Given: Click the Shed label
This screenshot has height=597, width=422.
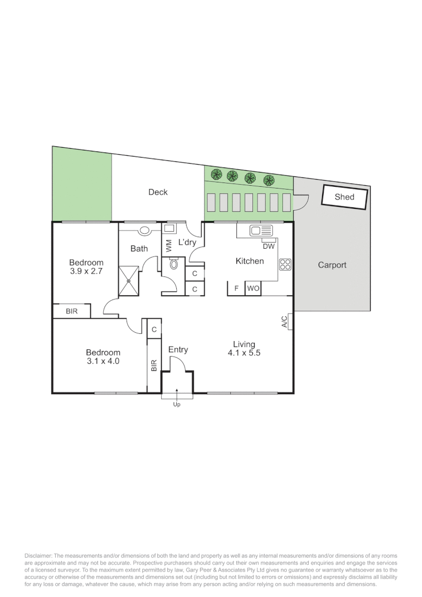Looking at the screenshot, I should pos(344,197).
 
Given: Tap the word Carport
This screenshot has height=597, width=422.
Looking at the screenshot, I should pos(332,265).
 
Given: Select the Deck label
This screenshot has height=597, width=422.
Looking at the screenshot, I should pos(157,192).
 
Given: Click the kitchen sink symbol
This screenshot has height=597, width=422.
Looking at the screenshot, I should pos(261,231).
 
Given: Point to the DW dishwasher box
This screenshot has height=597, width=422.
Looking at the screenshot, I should pos(268,246).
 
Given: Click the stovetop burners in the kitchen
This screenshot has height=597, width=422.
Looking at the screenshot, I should pos(285,264).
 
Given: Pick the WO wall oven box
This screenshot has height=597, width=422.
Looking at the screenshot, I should pos(253,289).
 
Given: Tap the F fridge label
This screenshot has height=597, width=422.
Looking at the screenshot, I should pos(236,289).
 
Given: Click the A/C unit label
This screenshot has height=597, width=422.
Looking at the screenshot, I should pos(284,321).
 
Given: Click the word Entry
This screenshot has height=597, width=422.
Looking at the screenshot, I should pos(178,349).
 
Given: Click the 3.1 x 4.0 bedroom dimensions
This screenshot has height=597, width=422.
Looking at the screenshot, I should pos(103,362).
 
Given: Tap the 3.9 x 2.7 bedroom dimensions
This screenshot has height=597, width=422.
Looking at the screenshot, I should pos(86,271).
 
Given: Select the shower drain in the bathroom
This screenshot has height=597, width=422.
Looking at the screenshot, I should pos(128,280).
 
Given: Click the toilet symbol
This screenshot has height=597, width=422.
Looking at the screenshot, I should pos(174,264).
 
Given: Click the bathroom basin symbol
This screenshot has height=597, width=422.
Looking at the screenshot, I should pos(145,231).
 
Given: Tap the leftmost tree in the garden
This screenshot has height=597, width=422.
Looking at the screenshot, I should pos(217,175).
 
